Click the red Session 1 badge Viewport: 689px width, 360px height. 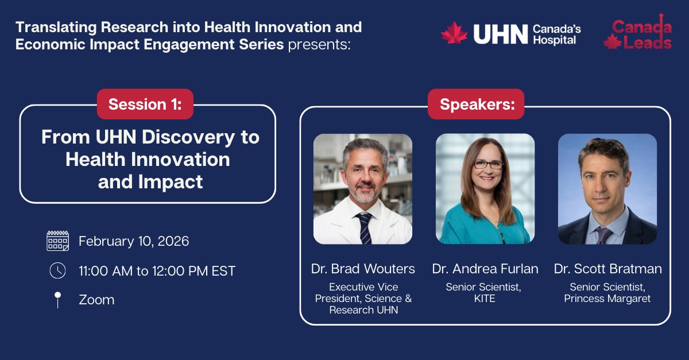[x=145, y=104]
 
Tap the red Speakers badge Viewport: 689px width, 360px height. [x=475, y=104]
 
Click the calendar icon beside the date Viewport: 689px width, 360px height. [x=57, y=241]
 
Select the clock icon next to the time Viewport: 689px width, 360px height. [x=57, y=270]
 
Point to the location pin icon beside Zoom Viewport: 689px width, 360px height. [x=57, y=300]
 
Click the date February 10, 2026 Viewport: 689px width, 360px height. [x=134, y=241]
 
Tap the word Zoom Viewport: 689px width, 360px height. [x=96, y=300]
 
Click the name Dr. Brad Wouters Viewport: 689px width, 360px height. [x=362, y=269]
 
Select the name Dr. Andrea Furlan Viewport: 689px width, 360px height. [x=485, y=269]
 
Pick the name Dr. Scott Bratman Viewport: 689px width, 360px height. [x=607, y=269]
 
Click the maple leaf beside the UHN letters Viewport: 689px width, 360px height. [x=454, y=33]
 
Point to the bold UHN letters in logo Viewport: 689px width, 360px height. [x=500, y=34]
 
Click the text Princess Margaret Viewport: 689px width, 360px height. [x=607, y=299]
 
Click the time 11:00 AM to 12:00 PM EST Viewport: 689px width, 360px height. [x=157, y=271]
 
